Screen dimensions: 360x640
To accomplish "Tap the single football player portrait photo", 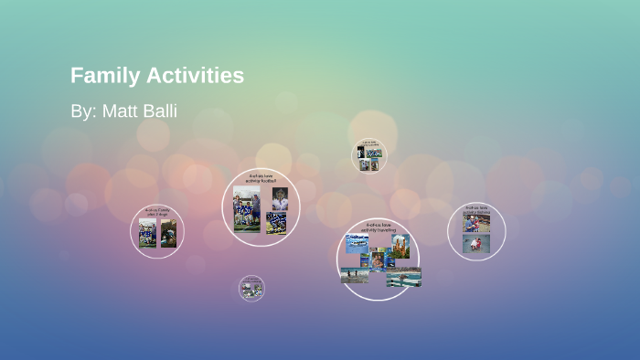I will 280,198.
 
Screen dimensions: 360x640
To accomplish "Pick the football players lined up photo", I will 277,223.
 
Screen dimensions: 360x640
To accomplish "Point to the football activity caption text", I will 261,179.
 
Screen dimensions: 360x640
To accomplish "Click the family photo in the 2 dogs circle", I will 147,233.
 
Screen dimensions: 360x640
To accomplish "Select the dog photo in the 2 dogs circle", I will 168,233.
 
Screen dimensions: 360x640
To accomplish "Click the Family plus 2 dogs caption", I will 157,213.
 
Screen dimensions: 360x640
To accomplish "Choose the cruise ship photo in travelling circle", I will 357,242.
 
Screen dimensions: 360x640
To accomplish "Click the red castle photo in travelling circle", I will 400,246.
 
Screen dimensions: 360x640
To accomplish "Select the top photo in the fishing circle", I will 475,223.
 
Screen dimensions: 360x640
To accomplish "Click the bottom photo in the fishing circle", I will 475,244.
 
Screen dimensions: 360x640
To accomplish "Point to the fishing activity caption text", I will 476,210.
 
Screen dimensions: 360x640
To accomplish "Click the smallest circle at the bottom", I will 251,288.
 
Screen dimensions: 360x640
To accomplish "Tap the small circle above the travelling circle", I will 369,155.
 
